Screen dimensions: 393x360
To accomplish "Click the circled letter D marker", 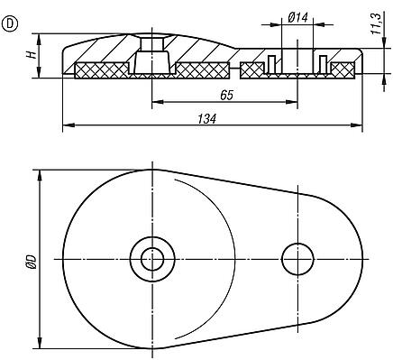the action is (x=10, y=23).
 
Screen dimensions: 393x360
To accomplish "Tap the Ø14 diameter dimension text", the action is (x=297, y=18).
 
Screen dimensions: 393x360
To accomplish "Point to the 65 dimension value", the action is (x=226, y=96).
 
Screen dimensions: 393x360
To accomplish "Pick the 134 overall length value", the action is (x=206, y=119).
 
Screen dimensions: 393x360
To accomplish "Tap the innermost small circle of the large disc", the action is (x=152, y=259).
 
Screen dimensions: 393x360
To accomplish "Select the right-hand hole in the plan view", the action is (x=297, y=259).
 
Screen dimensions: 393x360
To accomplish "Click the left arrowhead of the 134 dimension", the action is (x=68, y=125).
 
